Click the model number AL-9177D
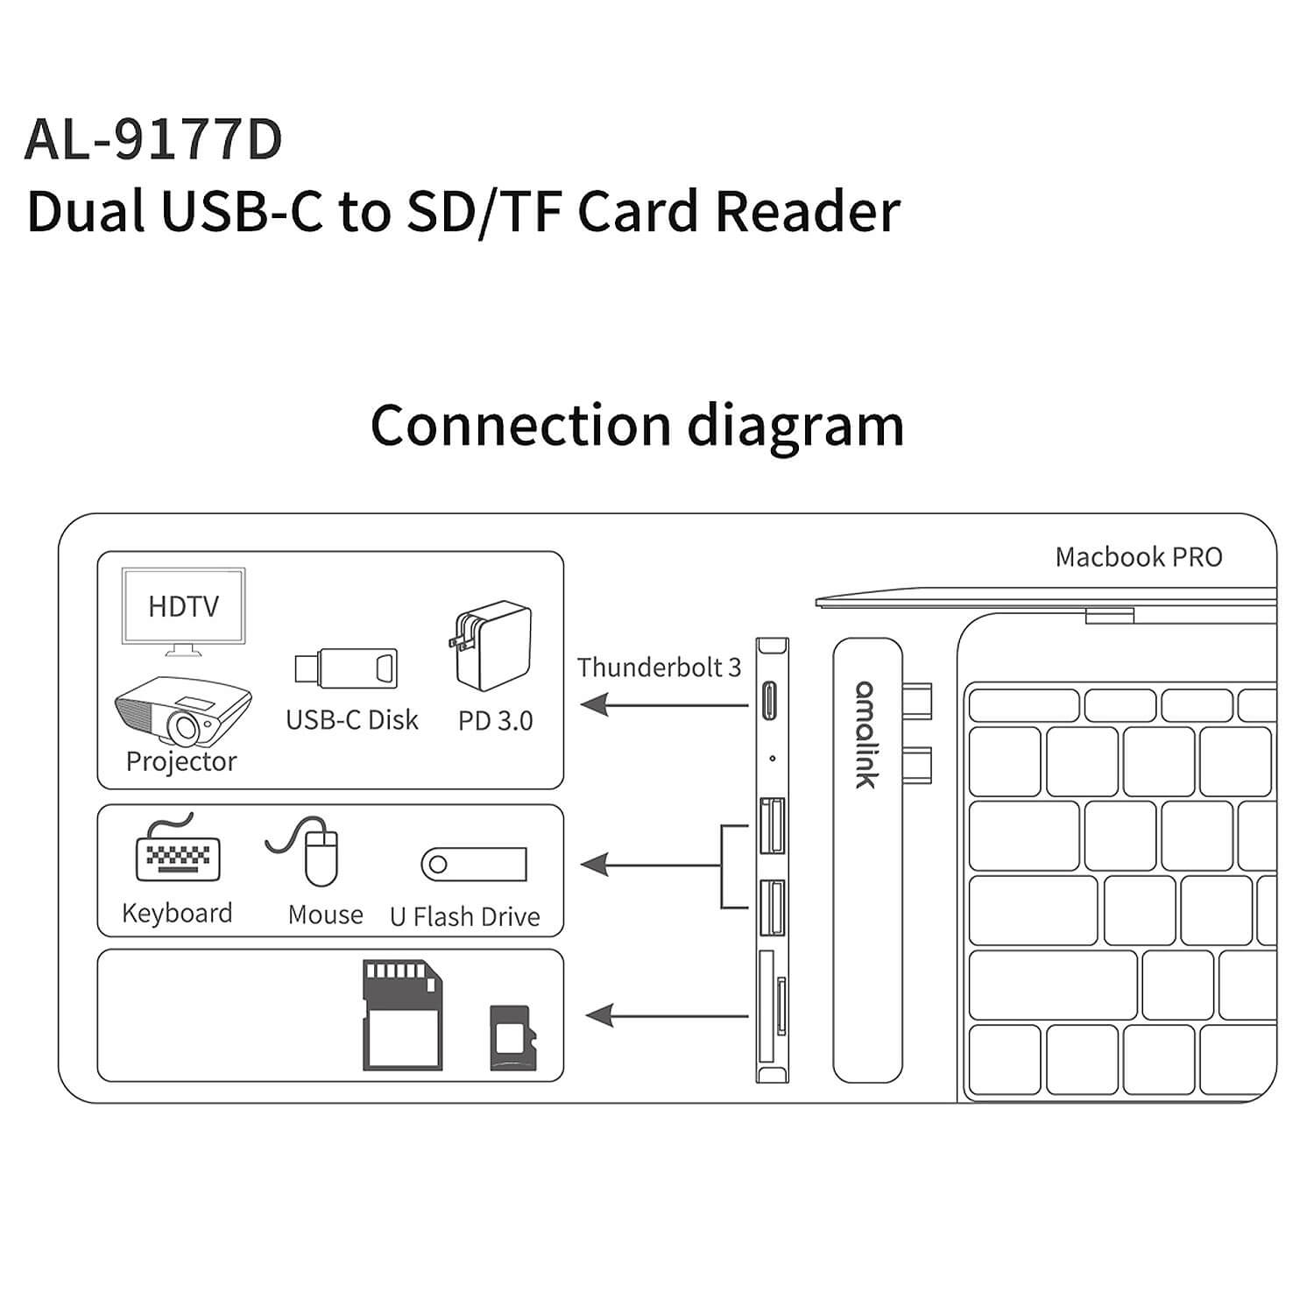pyautogui.click(x=154, y=139)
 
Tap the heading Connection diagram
pyautogui.click(x=637, y=427)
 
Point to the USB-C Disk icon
pyautogui.click(x=346, y=669)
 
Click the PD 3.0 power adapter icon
pyautogui.click(x=493, y=645)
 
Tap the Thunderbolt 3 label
pyautogui.click(x=659, y=668)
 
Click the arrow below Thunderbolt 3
pyautogui.click(x=665, y=703)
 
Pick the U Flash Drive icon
pyautogui.click(x=473, y=865)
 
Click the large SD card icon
pyautogui.click(x=401, y=1016)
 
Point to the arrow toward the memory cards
pyautogui.click(x=667, y=1016)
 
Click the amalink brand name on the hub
pyautogui.click(x=865, y=734)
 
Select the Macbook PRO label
pyautogui.click(x=1139, y=557)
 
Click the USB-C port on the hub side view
pyautogui.click(x=772, y=700)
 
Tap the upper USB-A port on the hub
pyautogui.click(x=773, y=825)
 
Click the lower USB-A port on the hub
pyautogui.click(x=773, y=908)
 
